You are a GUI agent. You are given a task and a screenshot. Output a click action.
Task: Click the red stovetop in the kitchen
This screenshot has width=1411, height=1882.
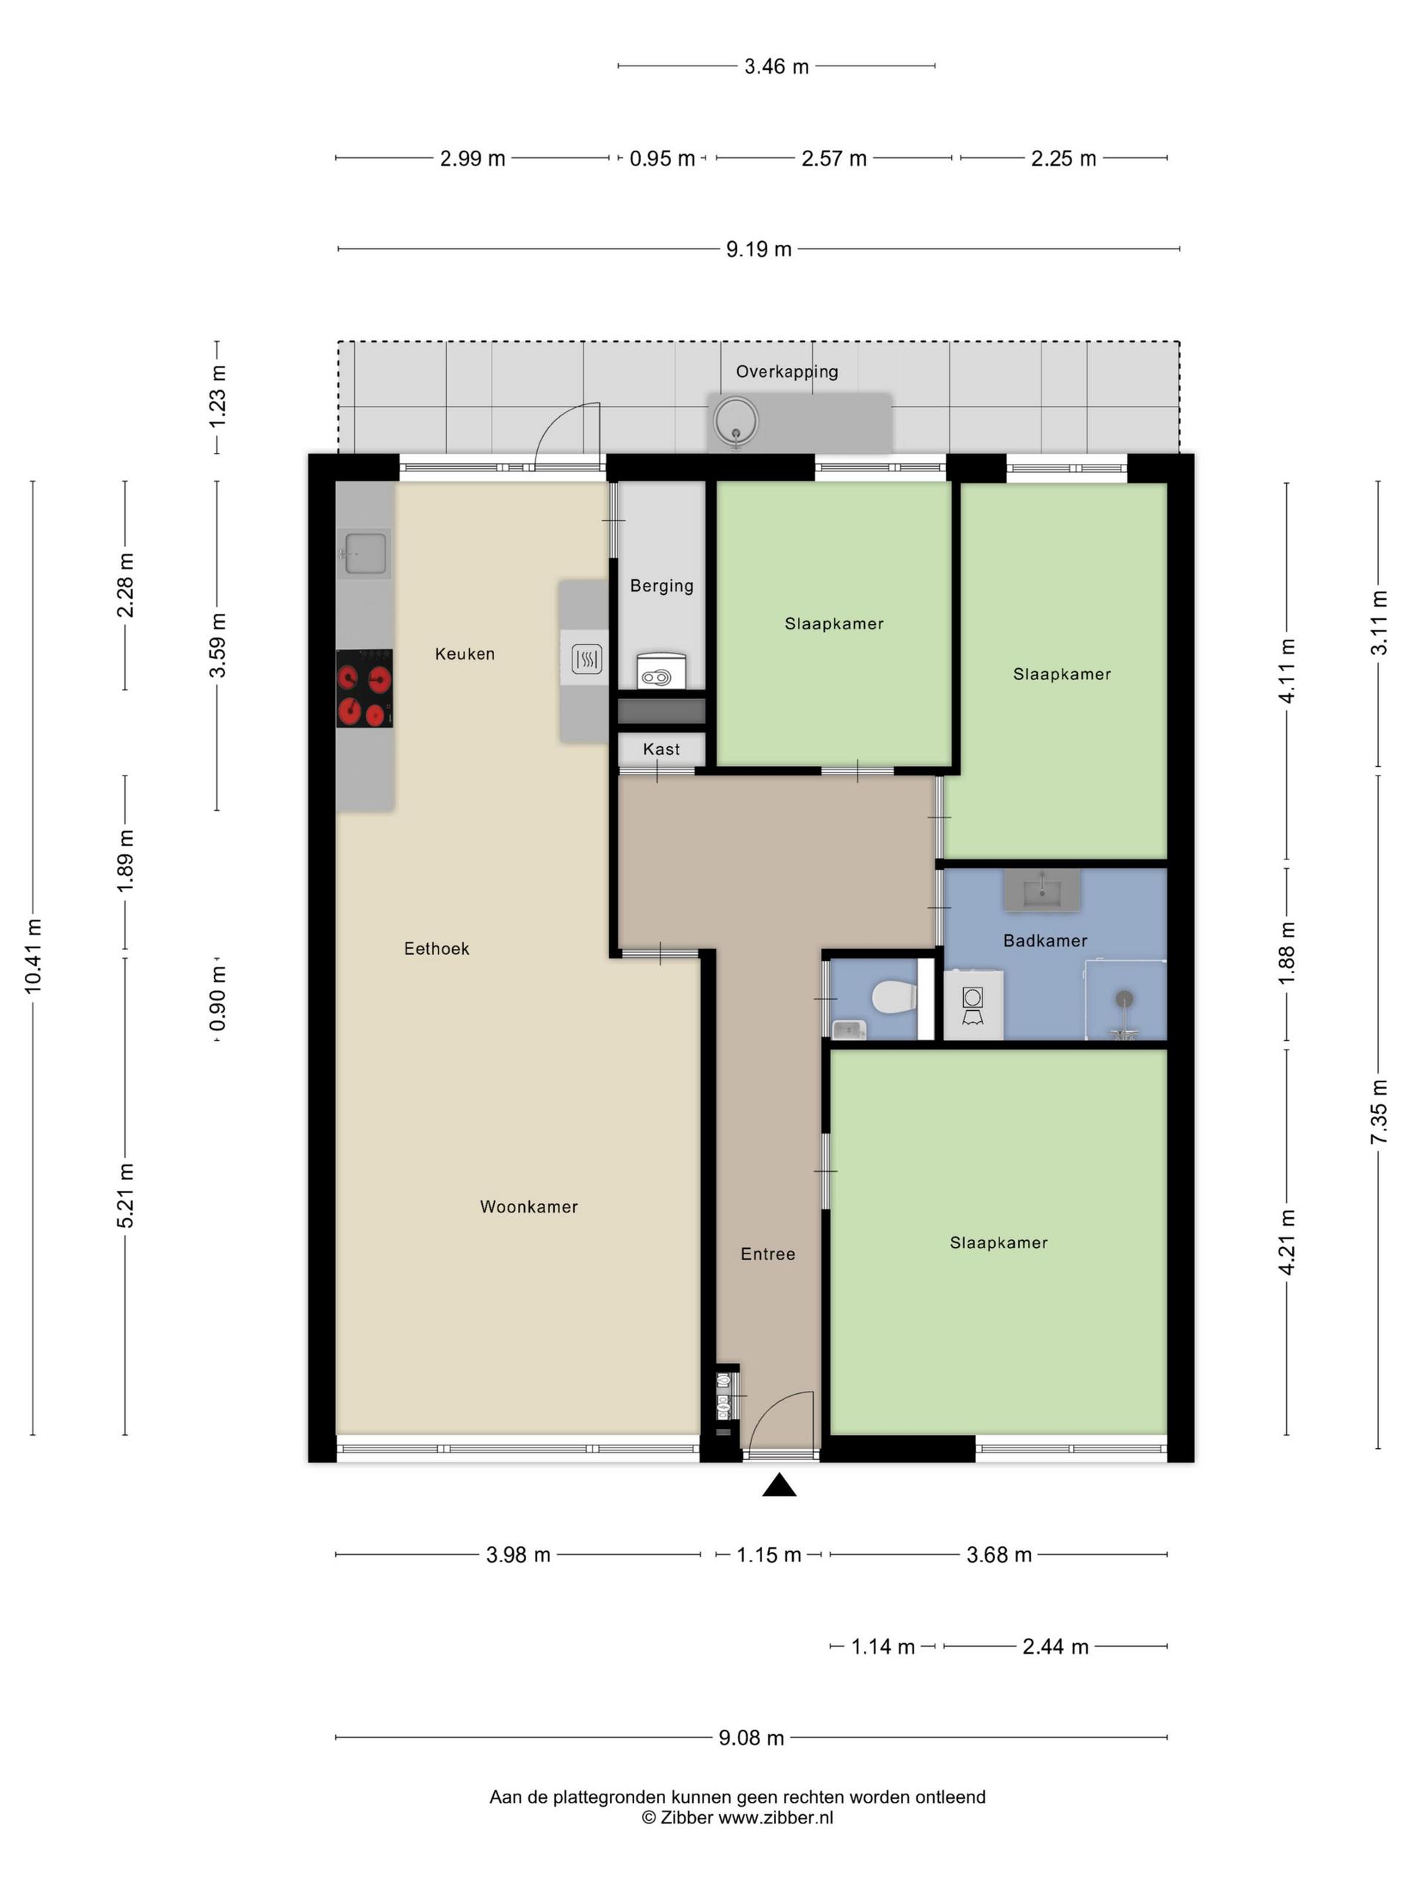364,688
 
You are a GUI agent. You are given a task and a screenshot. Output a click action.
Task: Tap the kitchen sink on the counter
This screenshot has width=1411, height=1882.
364,553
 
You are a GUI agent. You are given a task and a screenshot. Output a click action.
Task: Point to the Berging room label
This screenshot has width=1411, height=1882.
661,585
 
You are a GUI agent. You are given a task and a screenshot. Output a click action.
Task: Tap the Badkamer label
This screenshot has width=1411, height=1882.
1045,940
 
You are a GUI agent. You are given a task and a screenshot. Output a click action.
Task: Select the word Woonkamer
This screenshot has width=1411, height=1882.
529,1206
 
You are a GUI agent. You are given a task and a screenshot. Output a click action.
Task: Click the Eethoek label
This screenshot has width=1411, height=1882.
437,948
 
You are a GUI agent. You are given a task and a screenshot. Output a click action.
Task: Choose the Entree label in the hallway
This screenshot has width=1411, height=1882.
768,1253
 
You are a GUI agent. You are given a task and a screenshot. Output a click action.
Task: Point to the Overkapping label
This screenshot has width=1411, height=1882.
787,371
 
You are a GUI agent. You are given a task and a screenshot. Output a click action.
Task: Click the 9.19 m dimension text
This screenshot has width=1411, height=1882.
758,248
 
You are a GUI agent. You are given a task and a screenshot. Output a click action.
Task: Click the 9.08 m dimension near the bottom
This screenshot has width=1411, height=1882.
751,1737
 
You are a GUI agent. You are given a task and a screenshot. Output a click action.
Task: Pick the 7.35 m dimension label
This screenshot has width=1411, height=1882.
1379,1111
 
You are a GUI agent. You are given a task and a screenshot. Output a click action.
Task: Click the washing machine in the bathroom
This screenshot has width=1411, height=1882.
974,1005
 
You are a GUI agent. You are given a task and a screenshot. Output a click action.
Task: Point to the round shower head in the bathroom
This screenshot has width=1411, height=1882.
1124,999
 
